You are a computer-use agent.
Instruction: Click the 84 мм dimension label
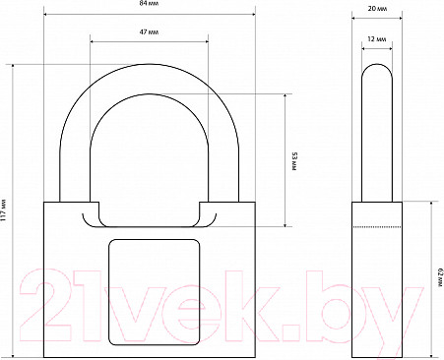(150, 3)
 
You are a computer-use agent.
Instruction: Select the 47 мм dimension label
(150, 32)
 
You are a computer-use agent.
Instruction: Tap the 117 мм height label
(4, 210)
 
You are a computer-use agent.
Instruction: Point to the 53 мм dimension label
(294, 161)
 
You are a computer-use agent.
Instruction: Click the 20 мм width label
(377, 9)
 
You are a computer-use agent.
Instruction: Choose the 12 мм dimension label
(377, 39)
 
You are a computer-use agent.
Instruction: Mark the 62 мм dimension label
(440, 278)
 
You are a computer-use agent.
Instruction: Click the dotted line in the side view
(377, 227)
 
